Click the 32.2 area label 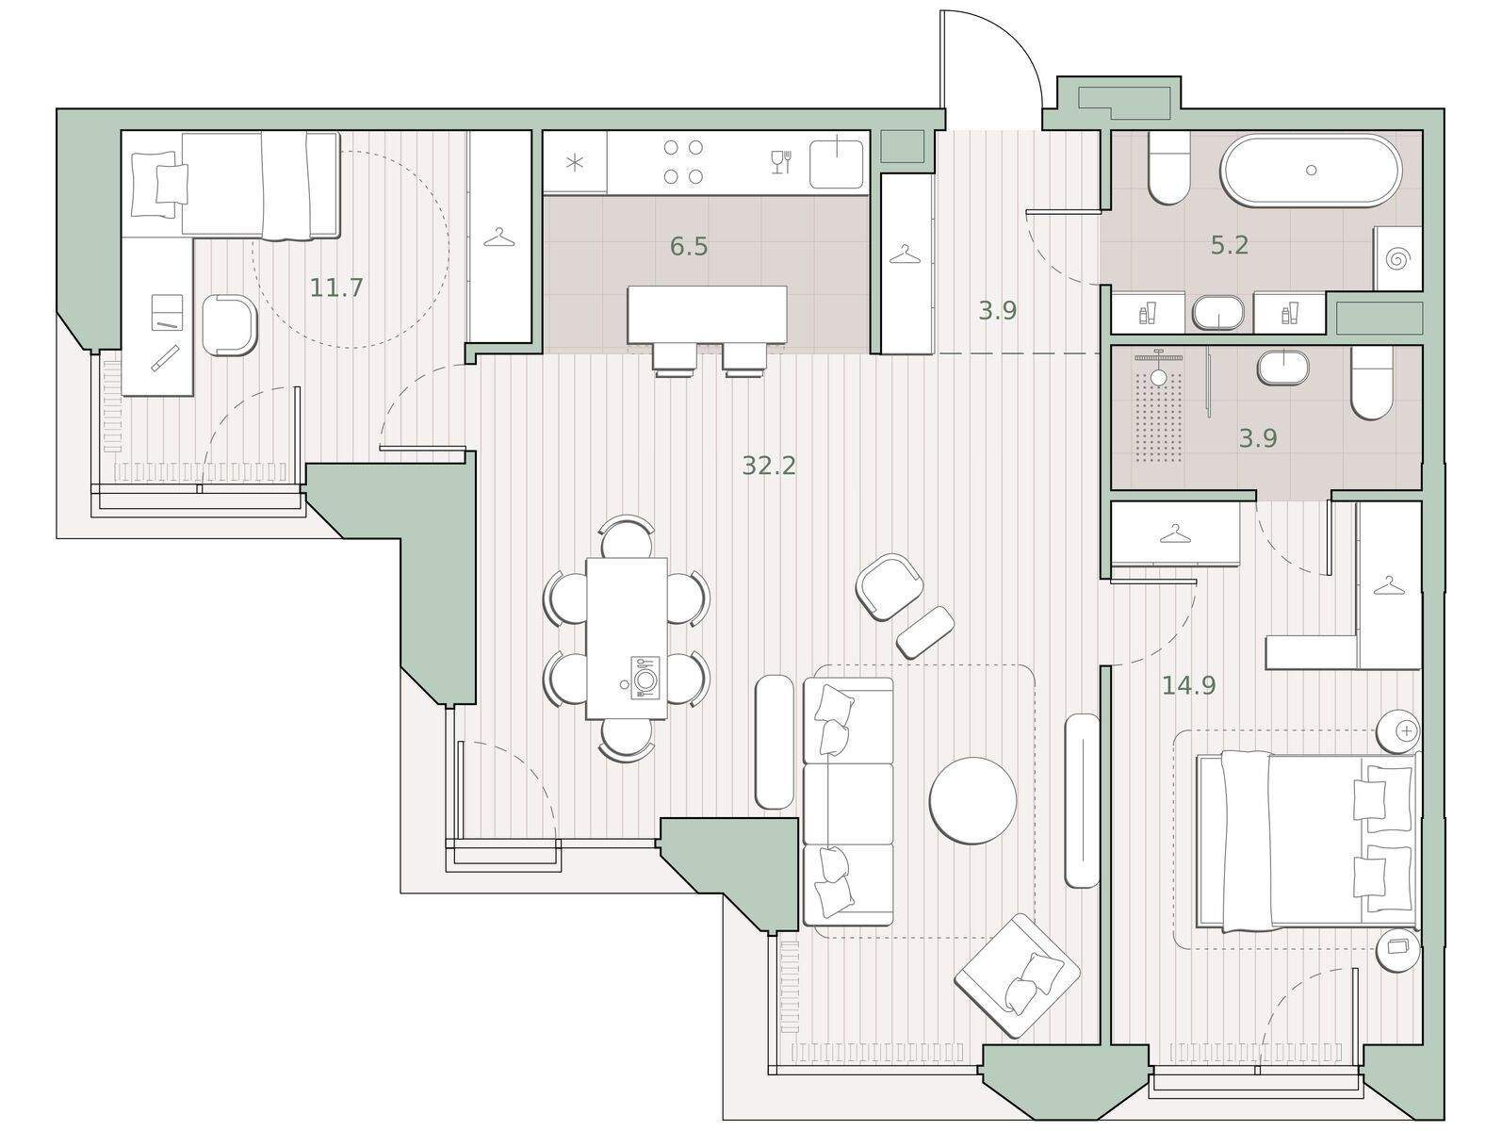(x=769, y=466)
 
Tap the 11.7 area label (x=336, y=287)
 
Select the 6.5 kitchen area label (x=689, y=246)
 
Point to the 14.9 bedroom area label (x=1188, y=685)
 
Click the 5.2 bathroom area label (x=1230, y=245)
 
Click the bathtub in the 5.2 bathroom (x=1311, y=171)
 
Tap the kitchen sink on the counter (x=836, y=164)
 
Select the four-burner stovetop (x=683, y=162)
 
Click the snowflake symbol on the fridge (x=576, y=164)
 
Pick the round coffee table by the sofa (x=972, y=800)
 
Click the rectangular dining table (x=626, y=638)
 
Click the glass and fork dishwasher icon (x=781, y=162)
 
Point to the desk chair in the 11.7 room (x=229, y=325)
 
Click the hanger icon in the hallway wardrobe (x=906, y=254)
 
